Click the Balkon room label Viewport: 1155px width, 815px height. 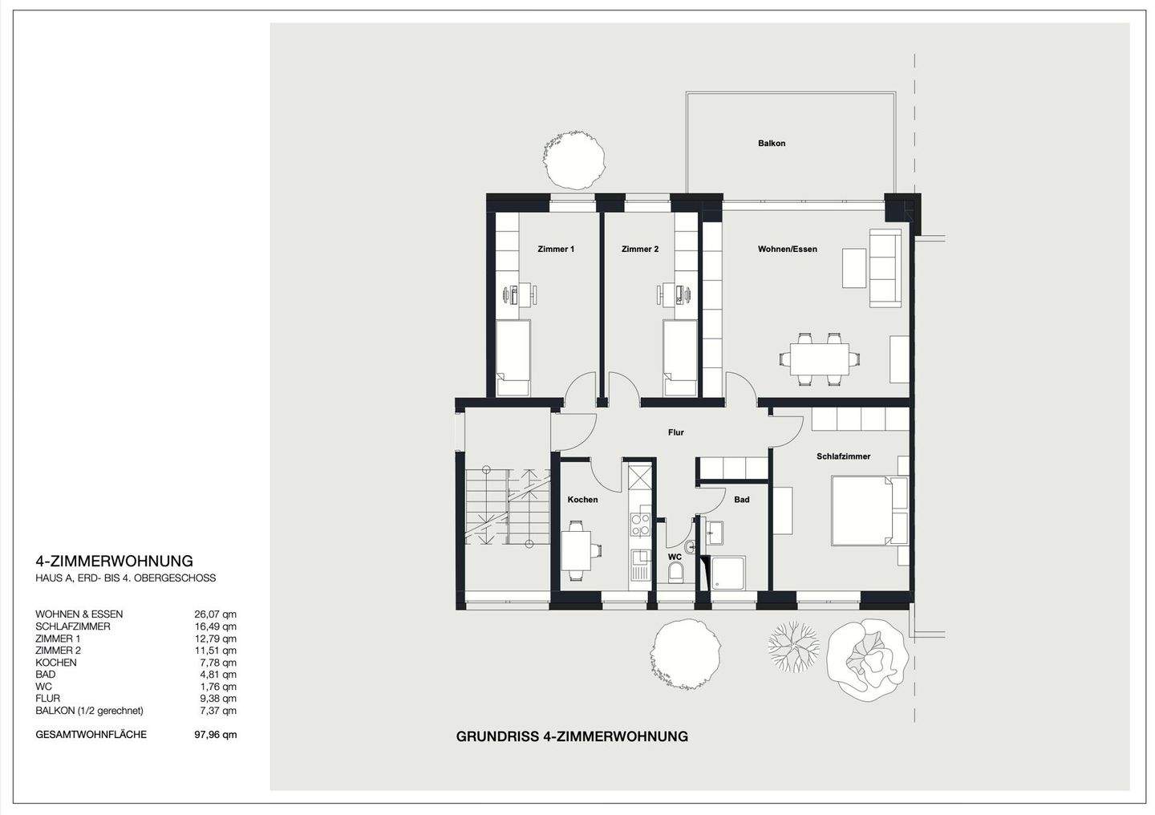click(772, 144)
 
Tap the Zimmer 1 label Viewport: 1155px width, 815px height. click(556, 249)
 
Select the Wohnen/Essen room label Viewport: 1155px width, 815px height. click(788, 249)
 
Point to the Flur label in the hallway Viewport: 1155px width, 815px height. click(675, 432)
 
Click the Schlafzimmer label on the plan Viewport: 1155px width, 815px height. click(844, 456)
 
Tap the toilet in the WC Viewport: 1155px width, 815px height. click(675, 573)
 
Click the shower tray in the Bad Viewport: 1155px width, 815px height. click(728, 573)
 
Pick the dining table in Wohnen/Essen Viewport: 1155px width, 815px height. click(819, 359)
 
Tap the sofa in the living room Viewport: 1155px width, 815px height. click(885, 268)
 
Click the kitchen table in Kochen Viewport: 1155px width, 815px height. click(576, 549)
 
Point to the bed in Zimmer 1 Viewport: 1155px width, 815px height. click(513, 358)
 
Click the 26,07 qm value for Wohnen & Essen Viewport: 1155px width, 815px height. click(216, 614)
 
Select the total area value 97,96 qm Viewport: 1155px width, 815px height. click(216, 735)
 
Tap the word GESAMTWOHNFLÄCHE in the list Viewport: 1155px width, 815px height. click(91, 734)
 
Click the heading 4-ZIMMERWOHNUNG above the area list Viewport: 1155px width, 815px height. click(115, 562)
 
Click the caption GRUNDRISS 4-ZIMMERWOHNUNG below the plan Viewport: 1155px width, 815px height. click(572, 736)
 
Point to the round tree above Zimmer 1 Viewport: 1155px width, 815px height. click(574, 160)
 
